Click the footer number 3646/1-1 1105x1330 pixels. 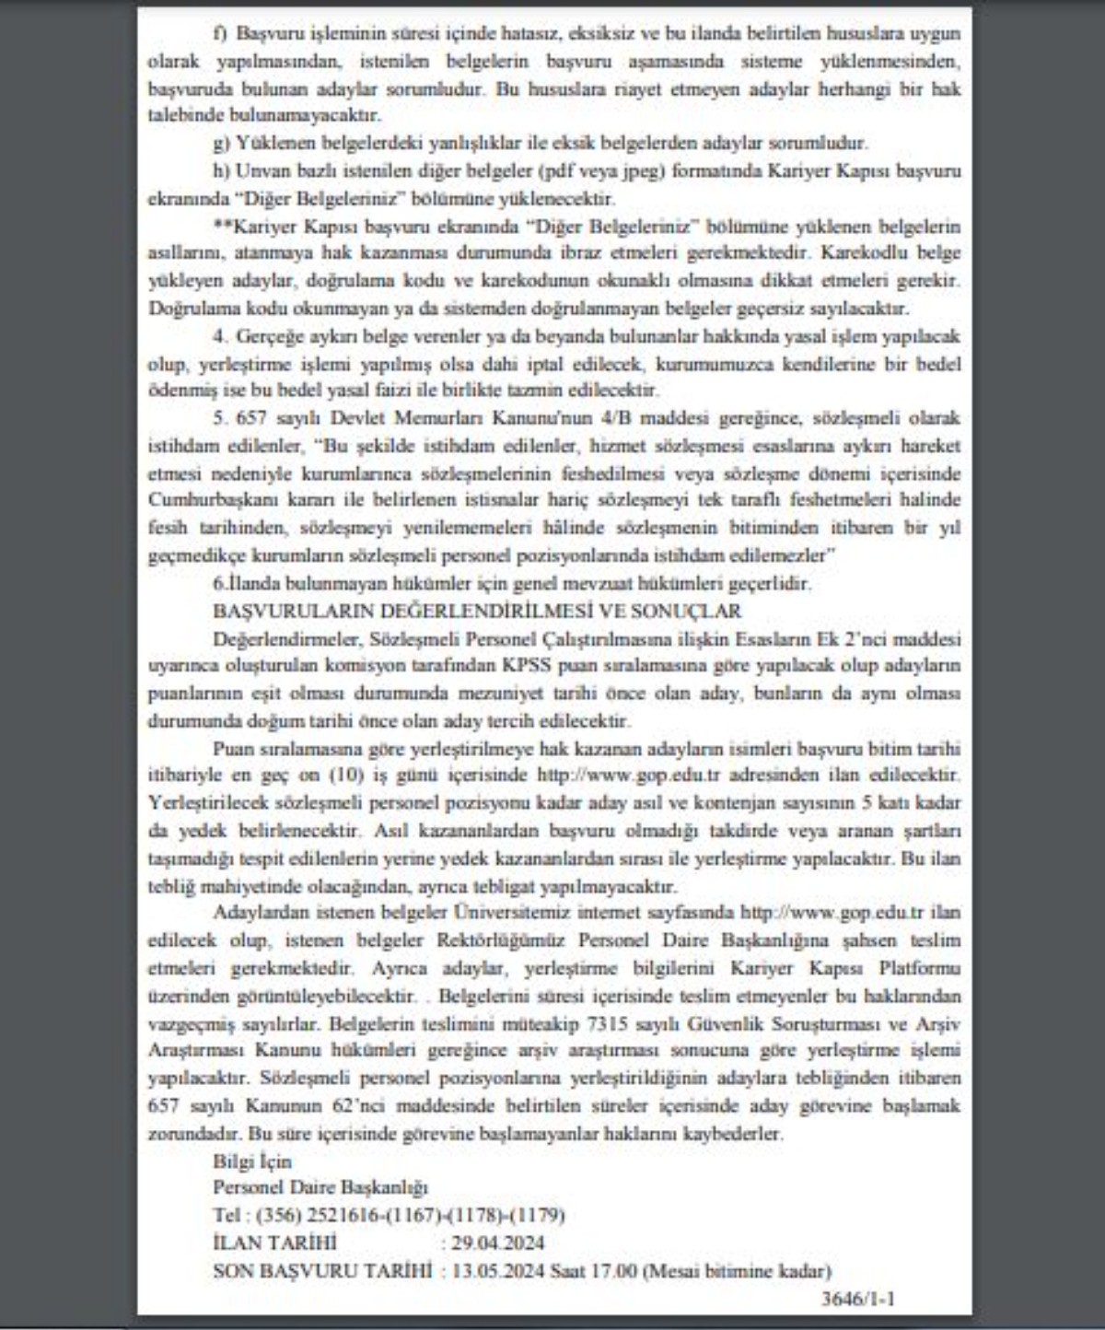coord(857,1299)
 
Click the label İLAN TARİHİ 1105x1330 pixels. coord(274,1243)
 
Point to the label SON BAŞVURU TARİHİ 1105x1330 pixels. coord(322,1271)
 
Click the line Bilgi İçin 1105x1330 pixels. coord(251,1161)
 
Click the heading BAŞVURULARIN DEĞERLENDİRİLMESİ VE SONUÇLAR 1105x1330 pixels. coord(477,611)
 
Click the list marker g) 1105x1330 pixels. coord(221,143)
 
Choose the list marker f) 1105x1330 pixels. coord(221,34)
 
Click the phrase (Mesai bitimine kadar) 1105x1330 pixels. coord(737,1271)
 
